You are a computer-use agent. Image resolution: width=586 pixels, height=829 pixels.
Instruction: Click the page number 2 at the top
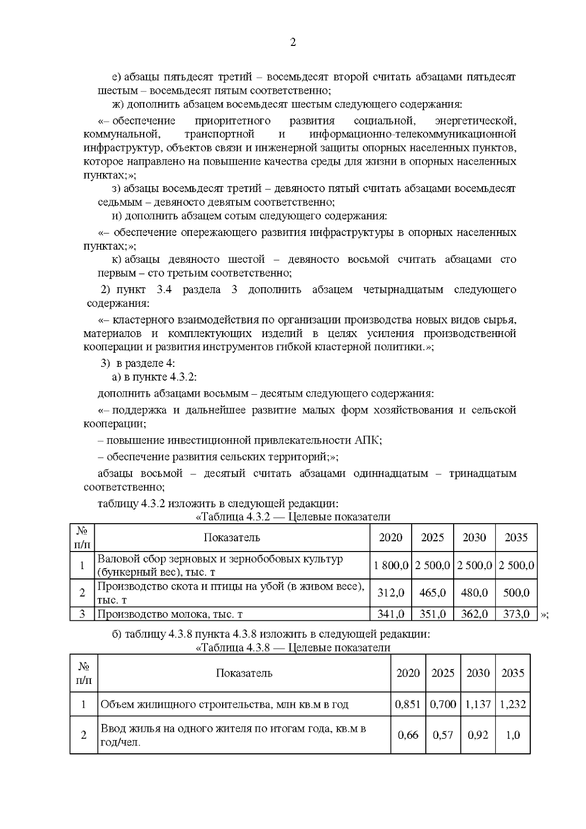click(x=293, y=43)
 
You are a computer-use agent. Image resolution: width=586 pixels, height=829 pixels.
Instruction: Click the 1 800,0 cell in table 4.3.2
click(x=391, y=566)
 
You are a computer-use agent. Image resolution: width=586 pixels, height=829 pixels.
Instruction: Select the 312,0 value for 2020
click(x=391, y=593)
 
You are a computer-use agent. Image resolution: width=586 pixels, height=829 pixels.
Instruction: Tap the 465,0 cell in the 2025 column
click(x=432, y=593)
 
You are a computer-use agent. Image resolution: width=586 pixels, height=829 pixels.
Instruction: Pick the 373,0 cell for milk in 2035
click(x=516, y=614)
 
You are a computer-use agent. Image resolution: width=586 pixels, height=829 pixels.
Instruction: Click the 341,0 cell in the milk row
click(x=391, y=614)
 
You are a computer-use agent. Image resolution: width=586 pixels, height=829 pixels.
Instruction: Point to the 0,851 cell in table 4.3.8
click(x=408, y=704)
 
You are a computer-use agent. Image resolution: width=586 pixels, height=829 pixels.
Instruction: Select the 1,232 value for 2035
click(x=513, y=704)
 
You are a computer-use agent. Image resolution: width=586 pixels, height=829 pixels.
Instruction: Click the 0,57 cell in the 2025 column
click(x=443, y=735)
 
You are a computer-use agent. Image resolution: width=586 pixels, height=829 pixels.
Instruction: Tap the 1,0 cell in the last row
click(x=513, y=735)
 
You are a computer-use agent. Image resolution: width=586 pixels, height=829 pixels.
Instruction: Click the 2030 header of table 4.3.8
click(x=478, y=673)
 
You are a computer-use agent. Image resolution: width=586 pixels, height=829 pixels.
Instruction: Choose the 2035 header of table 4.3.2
click(x=516, y=538)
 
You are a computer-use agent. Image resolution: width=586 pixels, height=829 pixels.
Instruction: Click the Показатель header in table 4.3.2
click(x=232, y=538)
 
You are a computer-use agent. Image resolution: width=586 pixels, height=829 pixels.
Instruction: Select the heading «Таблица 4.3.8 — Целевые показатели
click(x=293, y=648)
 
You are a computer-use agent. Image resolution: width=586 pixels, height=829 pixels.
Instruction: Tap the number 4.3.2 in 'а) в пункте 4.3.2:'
click(x=183, y=377)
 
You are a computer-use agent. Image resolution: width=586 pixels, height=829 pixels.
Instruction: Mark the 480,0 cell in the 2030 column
click(x=474, y=593)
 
